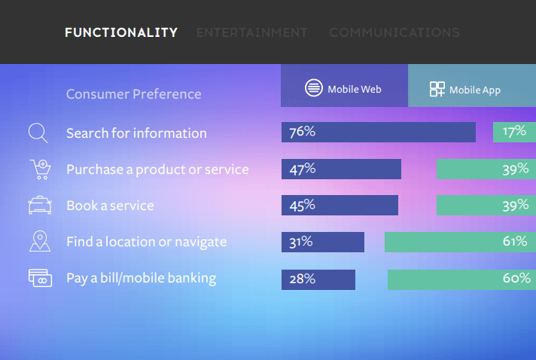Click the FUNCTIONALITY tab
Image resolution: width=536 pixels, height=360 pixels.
click(121, 32)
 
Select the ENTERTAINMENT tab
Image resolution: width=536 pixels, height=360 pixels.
click(252, 32)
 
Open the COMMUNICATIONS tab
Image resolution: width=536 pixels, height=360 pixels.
click(394, 32)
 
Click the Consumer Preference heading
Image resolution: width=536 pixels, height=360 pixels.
click(134, 94)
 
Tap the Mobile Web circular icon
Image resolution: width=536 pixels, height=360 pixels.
click(313, 88)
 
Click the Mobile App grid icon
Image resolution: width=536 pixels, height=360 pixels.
click(437, 89)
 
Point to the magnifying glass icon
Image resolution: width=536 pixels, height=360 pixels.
click(38, 133)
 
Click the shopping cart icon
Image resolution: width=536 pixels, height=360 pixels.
click(41, 169)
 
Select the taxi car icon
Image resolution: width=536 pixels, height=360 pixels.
click(40, 205)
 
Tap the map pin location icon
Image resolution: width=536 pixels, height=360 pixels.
click(40, 241)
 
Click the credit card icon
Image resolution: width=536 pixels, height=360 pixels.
click(40, 278)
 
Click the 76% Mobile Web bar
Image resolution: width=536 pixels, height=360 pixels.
click(379, 132)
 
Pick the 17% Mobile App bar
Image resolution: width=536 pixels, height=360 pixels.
click(514, 132)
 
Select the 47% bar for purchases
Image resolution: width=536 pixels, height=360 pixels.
click(341, 169)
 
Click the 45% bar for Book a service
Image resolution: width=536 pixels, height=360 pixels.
click(340, 205)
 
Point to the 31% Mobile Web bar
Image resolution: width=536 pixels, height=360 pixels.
click(323, 242)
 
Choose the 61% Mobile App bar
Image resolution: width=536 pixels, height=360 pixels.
click(460, 242)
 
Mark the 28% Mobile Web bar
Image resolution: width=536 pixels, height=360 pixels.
click(318, 279)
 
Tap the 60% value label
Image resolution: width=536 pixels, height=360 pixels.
click(516, 278)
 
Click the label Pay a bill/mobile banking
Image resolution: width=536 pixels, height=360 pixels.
click(142, 279)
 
